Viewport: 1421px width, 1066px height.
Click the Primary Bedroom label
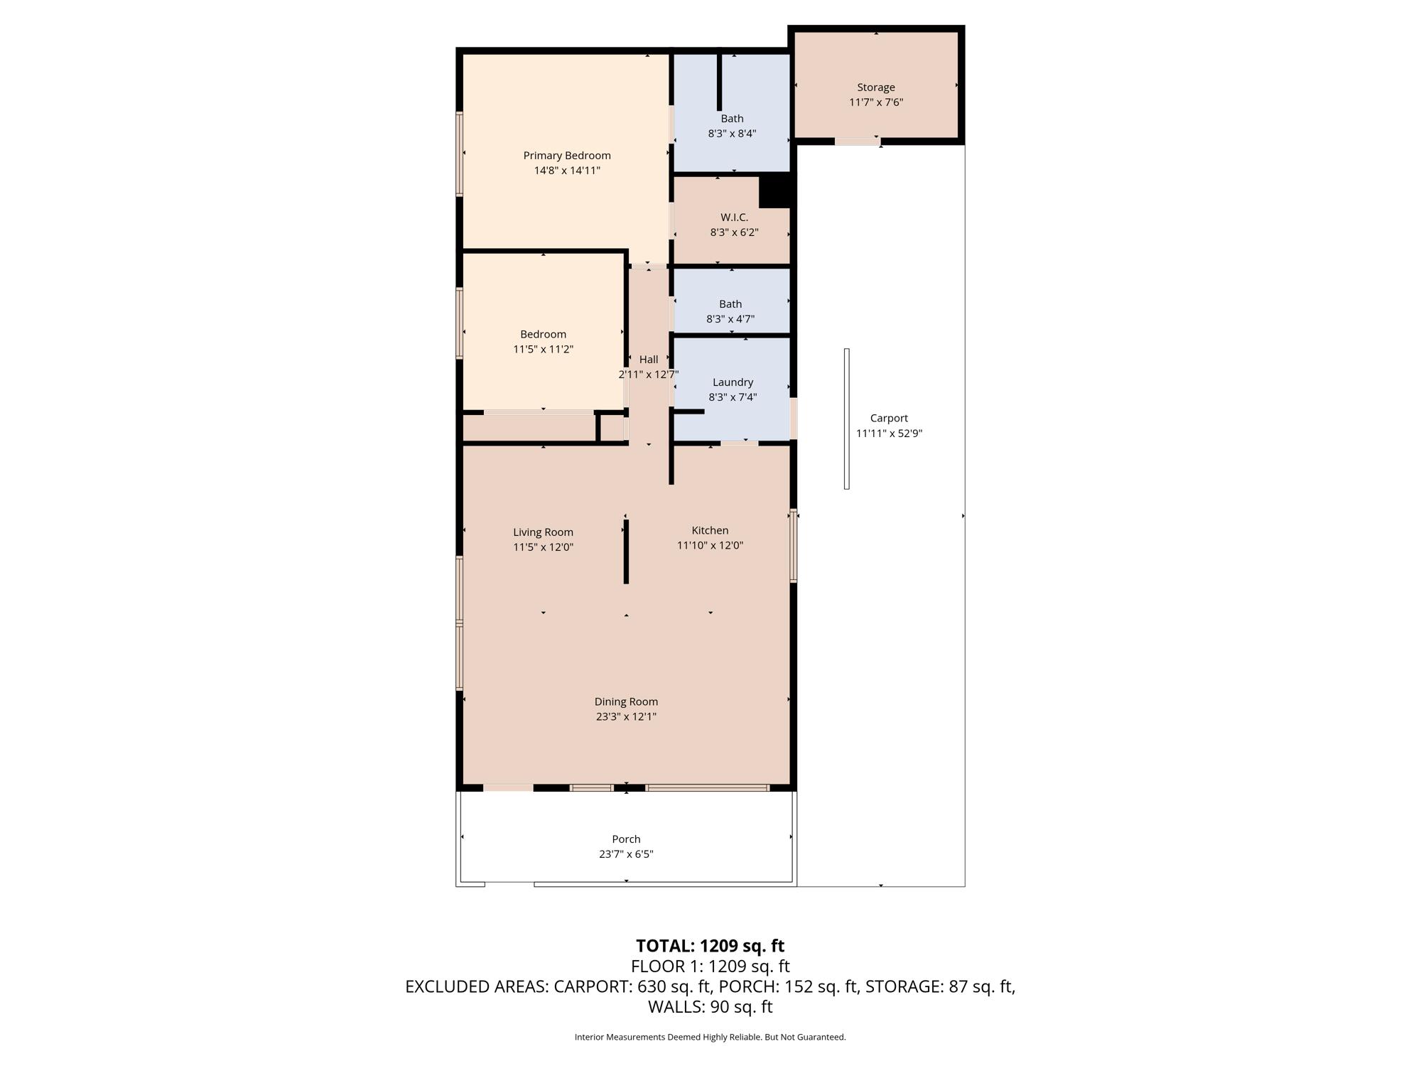(x=567, y=156)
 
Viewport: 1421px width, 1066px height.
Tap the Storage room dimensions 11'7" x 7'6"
(x=876, y=102)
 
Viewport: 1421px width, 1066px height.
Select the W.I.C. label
(x=734, y=217)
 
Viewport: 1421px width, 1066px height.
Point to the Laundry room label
(x=733, y=382)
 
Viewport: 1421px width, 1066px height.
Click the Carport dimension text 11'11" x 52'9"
(x=889, y=434)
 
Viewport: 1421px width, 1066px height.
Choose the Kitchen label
(x=710, y=530)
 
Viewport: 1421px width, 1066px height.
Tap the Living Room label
(x=544, y=532)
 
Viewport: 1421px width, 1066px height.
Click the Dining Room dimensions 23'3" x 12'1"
(x=626, y=716)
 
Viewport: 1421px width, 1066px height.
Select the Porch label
(x=626, y=839)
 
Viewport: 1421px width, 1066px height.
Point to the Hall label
(x=649, y=360)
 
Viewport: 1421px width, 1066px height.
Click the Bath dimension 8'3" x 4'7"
(x=730, y=319)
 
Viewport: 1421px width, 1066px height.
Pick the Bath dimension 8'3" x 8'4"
(x=732, y=134)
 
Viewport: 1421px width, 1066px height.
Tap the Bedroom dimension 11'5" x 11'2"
(x=544, y=349)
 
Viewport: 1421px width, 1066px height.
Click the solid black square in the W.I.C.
(x=775, y=191)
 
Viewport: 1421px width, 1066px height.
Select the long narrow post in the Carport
(x=847, y=419)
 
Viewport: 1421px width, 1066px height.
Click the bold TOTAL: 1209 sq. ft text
(x=710, y=946)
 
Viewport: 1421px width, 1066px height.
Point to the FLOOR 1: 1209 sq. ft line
(x=710, y=967)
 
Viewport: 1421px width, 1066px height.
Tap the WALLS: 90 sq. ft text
(x=710, y=1007)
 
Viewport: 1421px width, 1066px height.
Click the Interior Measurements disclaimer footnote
(x=710, y=1038)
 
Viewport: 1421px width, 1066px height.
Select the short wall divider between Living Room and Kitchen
(x=626, y=551)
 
